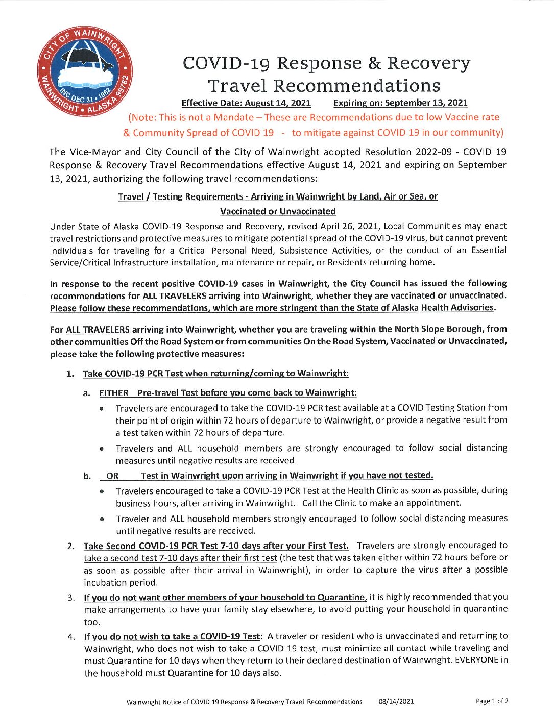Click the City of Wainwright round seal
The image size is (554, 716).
point(85,70)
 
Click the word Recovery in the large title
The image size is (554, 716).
point(428,63)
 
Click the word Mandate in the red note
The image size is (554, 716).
point(226,117)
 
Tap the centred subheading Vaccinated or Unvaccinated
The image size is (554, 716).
point(278,211)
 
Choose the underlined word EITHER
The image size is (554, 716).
point(114,393)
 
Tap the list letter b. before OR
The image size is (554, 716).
point(87,476)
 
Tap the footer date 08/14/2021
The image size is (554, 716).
point(396,702)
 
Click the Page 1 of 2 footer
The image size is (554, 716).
point(492,701)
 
